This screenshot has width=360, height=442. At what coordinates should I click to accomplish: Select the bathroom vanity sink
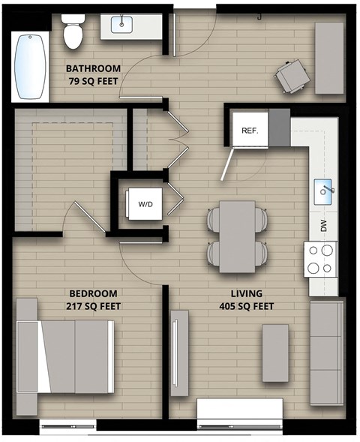123,25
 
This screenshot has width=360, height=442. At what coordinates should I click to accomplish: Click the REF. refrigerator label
250,130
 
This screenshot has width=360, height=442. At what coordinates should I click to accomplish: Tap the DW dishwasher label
324,225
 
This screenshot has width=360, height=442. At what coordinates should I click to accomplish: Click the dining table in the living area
237,236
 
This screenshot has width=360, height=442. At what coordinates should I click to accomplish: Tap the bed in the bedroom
67,356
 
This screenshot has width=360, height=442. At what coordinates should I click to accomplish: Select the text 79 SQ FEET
94,81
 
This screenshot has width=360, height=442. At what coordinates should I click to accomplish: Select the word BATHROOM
94,68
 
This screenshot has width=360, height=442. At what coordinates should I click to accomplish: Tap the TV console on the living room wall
178,352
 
